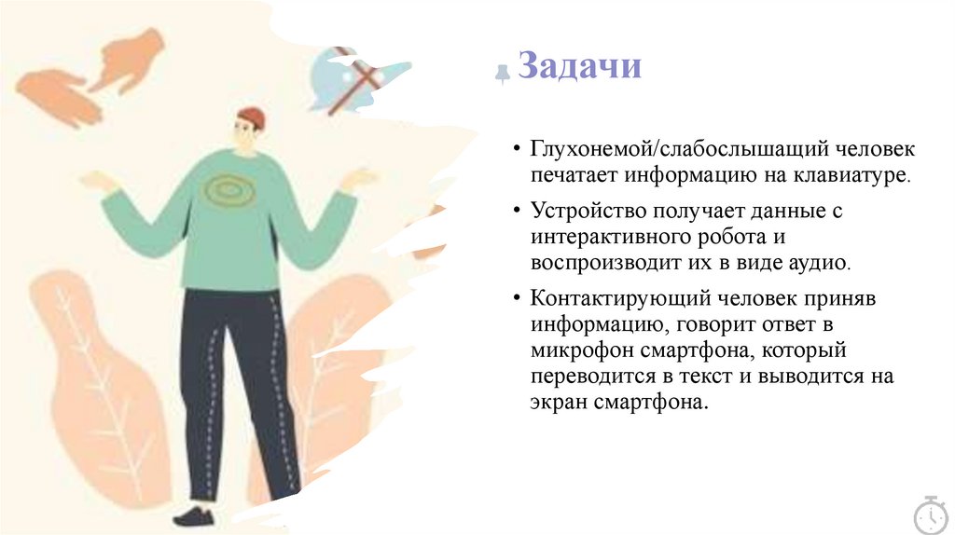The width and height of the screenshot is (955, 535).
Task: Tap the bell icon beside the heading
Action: tap(503, 74)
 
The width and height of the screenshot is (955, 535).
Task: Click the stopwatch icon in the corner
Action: tap(930, 514)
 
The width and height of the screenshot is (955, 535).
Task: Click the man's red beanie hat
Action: tap(251, 117)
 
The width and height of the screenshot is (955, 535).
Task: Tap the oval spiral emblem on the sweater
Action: tap(225, 191)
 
